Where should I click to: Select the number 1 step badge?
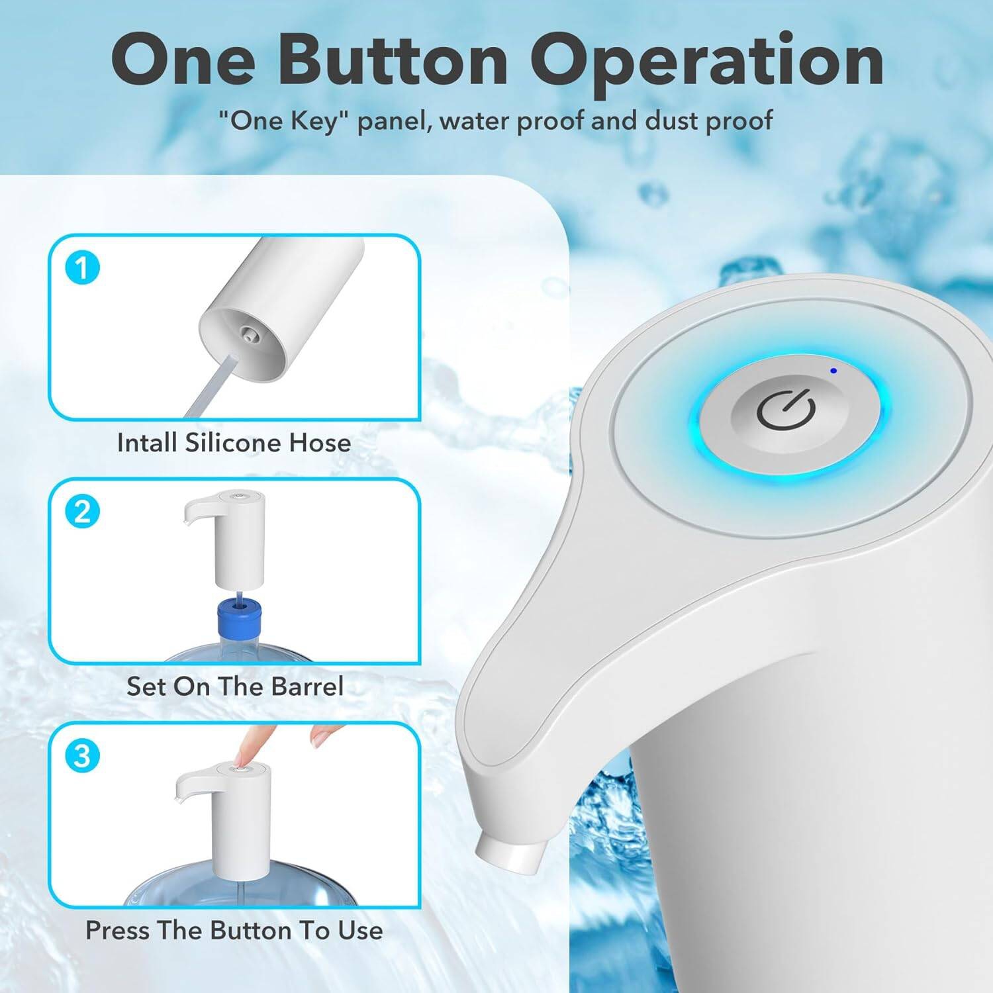(82, 269)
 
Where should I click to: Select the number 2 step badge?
(82, 512)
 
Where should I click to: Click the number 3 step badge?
(82, 756)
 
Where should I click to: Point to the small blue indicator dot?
(833, 371)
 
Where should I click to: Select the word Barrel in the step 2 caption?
(307, 686)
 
